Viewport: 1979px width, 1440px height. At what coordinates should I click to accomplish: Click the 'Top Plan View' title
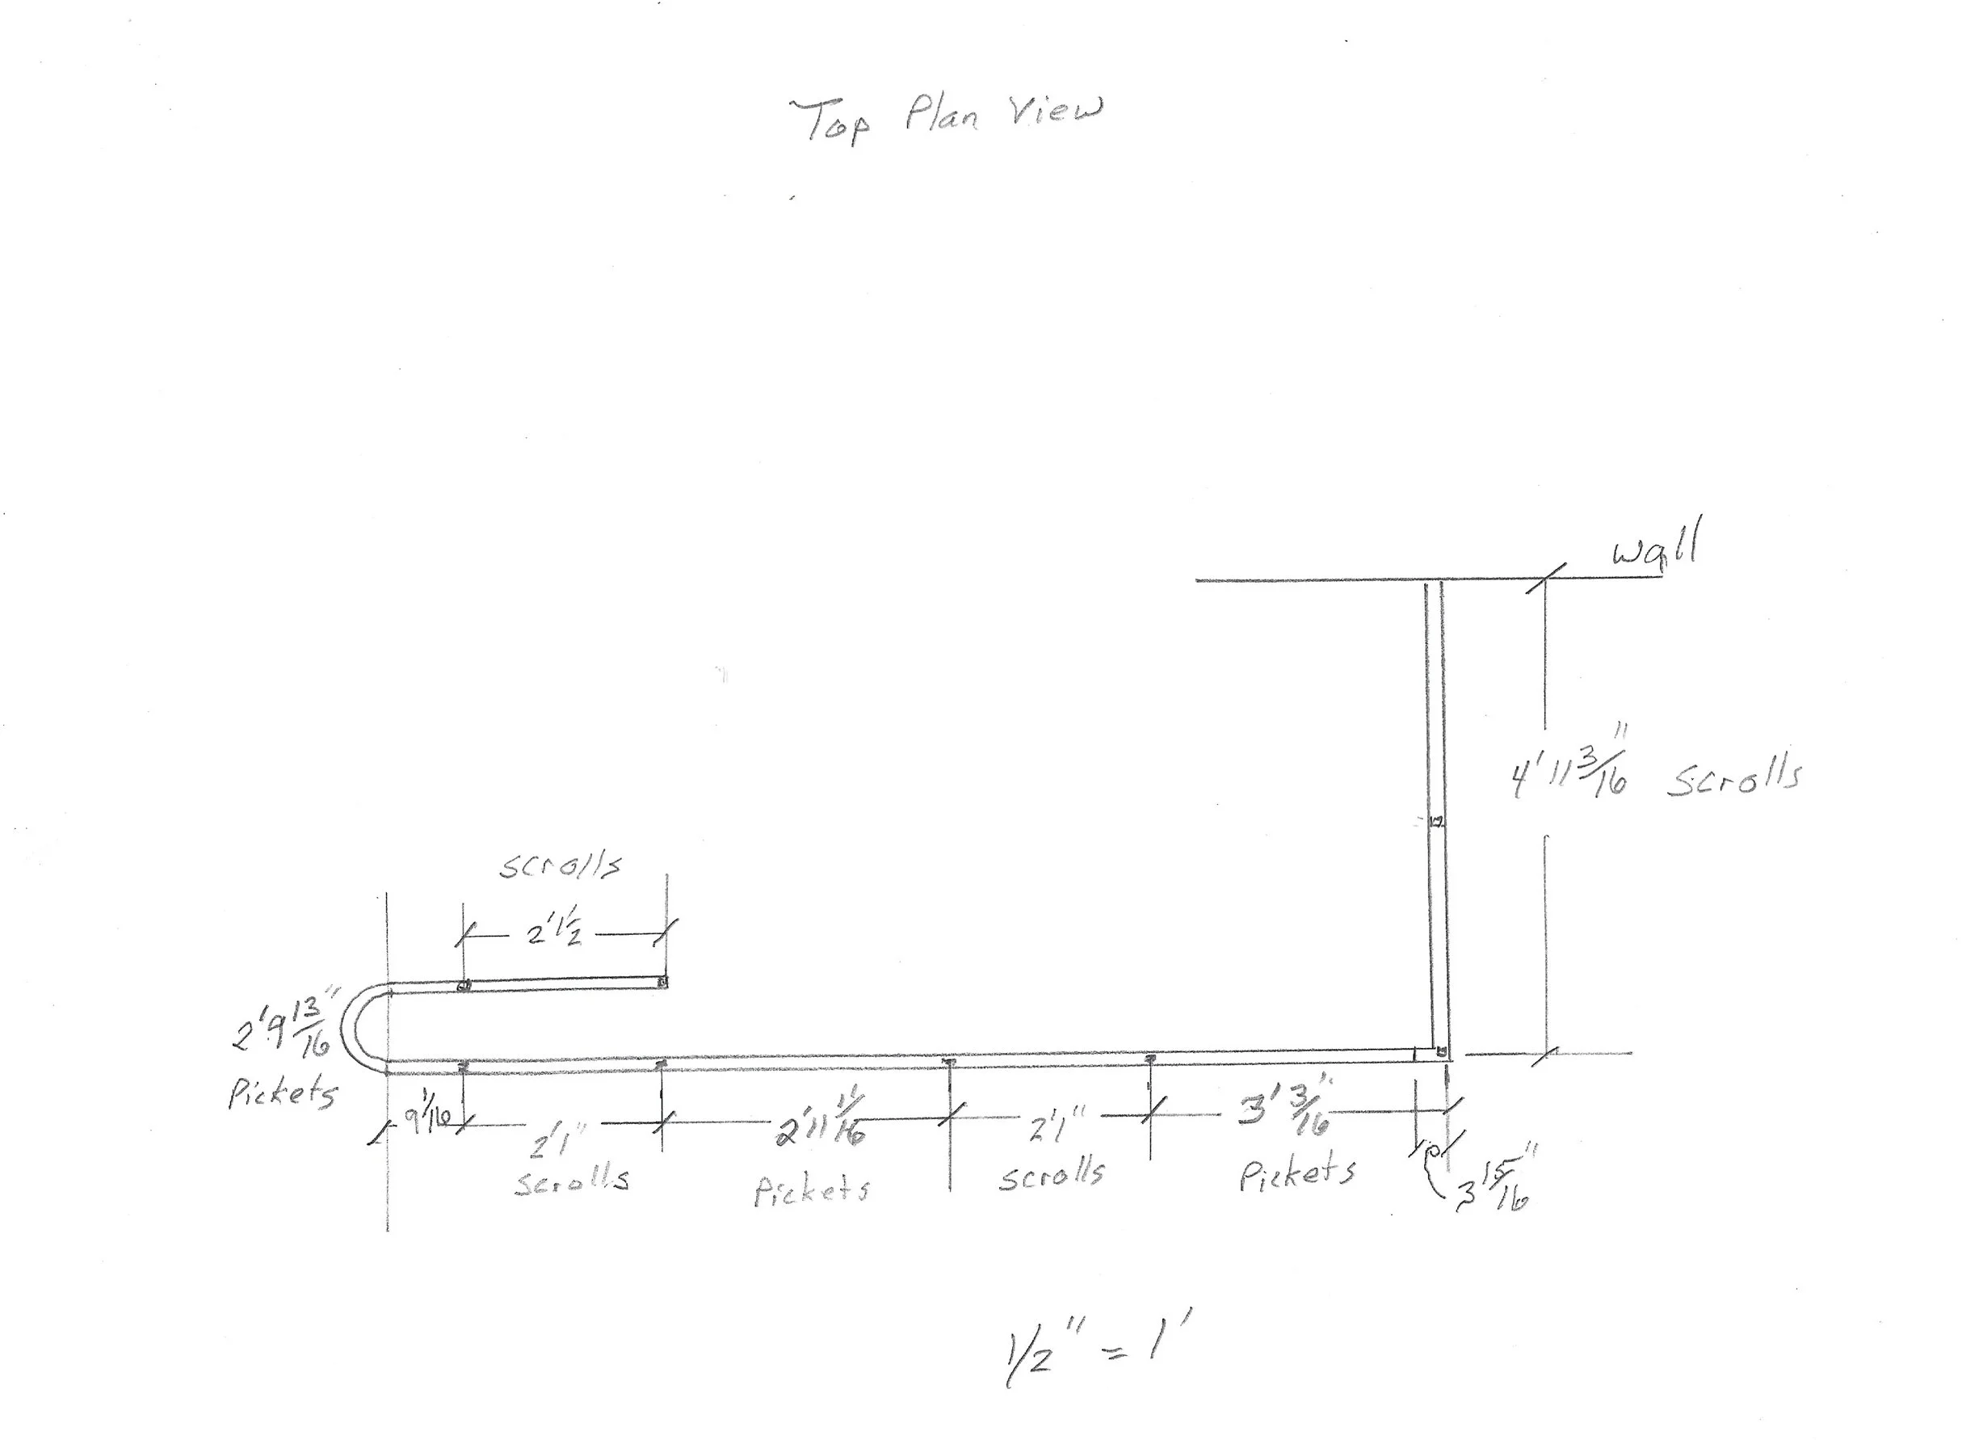coord(946,118)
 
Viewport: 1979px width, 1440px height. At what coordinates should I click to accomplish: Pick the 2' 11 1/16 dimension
coord(820,1122)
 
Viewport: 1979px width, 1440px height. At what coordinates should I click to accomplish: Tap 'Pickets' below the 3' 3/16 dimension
coord(1297,1174)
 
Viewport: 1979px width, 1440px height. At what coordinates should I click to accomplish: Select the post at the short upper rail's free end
coord(663,983)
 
